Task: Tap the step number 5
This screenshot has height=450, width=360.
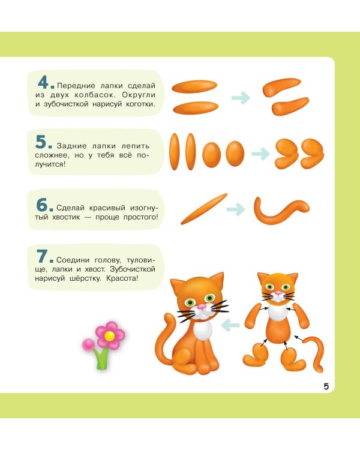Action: point(41,142)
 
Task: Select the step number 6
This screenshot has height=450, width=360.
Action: point(42,205)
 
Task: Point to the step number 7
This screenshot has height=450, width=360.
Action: point(42,256)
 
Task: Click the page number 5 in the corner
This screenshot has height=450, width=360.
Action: point(326,386)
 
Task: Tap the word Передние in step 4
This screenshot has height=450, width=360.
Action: point(76,86)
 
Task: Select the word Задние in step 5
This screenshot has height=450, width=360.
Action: point(71,146)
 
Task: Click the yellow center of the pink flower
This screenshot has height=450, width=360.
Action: point(109,335)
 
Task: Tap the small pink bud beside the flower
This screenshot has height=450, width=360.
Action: point(88,344)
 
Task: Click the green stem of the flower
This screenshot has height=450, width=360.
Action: point(102,359)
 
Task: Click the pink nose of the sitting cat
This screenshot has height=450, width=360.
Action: point(202,307)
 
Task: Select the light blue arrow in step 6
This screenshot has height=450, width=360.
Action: point(236,209)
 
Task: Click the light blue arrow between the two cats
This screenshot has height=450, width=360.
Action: point(230,325)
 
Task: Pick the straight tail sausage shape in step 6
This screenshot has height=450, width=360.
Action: point(204,209)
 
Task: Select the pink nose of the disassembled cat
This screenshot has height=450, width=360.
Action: point(278,293)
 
